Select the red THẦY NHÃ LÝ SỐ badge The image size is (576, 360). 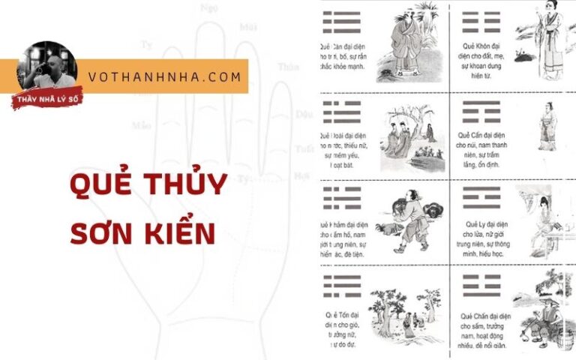pyautogui.click(x=46, y=98)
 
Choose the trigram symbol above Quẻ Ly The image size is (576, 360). pyautogui.click(x=481, y=197)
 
